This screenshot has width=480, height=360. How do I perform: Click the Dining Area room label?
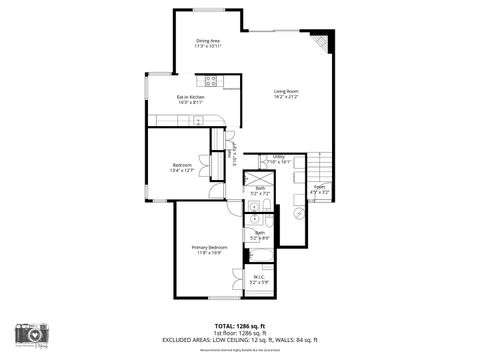[208, 40]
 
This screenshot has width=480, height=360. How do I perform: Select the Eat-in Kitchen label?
[190, 97]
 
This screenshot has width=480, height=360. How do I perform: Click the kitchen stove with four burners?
[212, 80]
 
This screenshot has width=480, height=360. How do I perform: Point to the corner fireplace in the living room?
[320, 43]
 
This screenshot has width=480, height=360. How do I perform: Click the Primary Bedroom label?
[210, 247]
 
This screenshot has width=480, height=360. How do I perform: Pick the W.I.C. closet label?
[259, 278]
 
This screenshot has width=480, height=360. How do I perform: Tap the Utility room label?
[279, 157]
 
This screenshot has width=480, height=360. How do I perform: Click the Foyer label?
[320, 187]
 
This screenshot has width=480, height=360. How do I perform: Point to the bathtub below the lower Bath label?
[259, 255]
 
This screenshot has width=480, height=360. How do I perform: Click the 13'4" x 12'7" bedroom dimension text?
[181, 170]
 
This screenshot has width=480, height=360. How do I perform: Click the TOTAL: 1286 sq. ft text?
[240, 325]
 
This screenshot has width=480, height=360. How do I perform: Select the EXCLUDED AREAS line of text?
[240, 339]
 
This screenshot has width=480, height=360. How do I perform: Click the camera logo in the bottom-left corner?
[33, 334]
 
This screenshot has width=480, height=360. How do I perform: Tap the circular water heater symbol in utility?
[296, 213]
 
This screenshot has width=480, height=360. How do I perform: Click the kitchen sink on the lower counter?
[199, 121]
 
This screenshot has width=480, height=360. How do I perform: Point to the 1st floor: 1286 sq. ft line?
[240, 332]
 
